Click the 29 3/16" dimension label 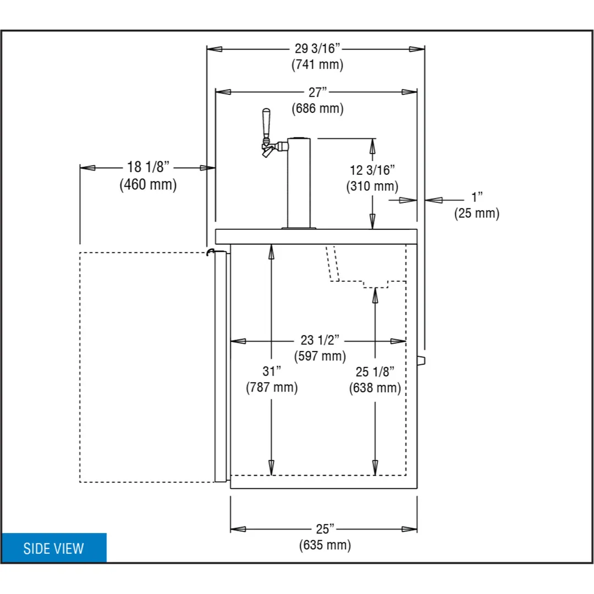317,48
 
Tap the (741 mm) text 317,64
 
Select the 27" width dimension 317,92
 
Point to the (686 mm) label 317,108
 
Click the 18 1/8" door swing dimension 148,167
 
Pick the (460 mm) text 148,184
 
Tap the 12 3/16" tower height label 372,170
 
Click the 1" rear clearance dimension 477,197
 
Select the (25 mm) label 477,213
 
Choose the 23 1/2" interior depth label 320,340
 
